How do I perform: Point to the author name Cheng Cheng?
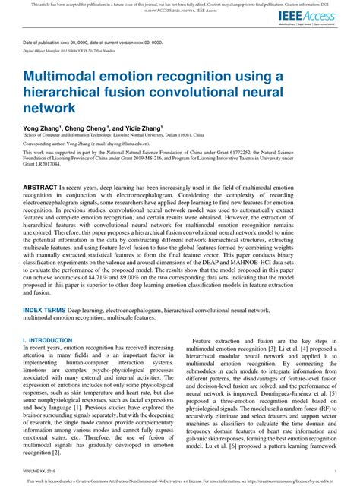coord(89,130)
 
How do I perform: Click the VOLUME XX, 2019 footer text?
coord(42,471)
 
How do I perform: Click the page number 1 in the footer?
coord(335,471)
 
